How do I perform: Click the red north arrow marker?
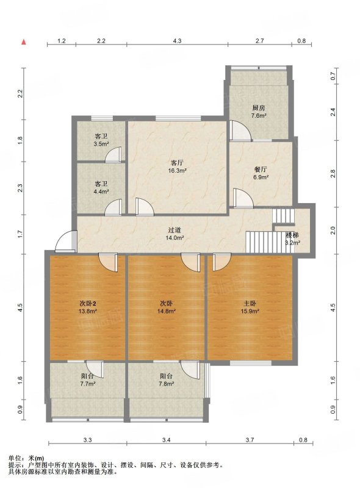23,42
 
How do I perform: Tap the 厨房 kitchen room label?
259,108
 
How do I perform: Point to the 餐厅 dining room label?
261,170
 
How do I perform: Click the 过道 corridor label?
175,231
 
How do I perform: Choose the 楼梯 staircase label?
292,235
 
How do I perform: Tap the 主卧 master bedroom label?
250,303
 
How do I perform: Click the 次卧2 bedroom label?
87,303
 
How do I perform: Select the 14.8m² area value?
167,311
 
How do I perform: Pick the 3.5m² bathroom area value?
101,144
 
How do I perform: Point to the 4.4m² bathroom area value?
101,192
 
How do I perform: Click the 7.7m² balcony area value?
87,384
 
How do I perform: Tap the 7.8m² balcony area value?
167,384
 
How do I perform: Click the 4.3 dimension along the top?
177,41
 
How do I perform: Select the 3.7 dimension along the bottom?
250,440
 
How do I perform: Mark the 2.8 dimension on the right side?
333,173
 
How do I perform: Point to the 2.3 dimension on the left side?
20,188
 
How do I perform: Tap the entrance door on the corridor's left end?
66,241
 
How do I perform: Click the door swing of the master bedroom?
221,262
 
